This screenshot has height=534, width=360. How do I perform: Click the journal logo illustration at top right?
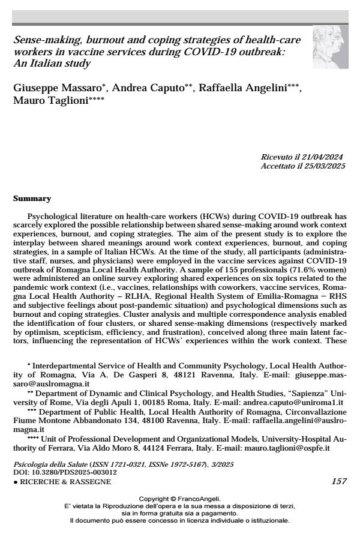tap(330, 47)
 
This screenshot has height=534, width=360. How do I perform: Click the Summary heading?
tap(32, 199)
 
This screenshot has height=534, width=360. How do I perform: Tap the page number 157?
tap(338, 482)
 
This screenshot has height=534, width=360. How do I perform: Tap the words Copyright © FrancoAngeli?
tap(180, 499)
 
